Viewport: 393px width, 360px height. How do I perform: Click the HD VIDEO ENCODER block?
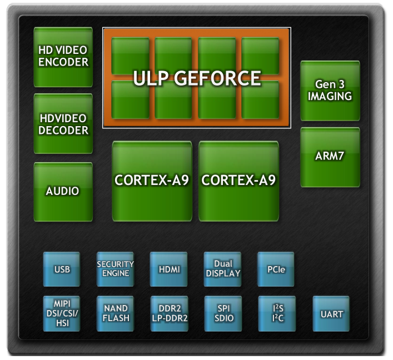click(63, 57)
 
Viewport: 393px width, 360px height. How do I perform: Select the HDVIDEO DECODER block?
click(63, 124)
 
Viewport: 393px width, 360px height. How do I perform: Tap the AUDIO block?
click(63, 191)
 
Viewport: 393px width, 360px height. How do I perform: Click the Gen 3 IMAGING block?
click(330, 91)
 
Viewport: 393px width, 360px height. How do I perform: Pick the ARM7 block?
click(330, 157)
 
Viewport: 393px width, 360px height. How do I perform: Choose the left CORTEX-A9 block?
click(152, 181)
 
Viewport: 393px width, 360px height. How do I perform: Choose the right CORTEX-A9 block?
click(239, 181)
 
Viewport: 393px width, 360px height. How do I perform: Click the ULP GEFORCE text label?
click(197, 79)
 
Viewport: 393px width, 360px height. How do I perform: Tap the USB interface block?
click(62, 269)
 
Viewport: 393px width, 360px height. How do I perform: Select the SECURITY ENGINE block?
click(115, 269)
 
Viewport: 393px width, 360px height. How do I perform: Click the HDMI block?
click(168, 269)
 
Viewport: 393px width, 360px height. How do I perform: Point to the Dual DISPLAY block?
click(223, 269)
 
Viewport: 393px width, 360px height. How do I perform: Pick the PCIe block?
click(276, 269)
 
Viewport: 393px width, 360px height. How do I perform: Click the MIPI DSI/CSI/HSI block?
click(62, 313)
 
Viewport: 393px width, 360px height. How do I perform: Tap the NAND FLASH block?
click(115, 313)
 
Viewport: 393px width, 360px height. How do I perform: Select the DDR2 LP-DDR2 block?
click(168, 313)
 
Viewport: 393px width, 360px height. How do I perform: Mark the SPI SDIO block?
click(223, 313)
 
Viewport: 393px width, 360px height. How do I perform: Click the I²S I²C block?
click(276, 313)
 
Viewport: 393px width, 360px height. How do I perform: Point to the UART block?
click(331, 314)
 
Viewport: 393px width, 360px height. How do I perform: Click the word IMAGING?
click(330, 96)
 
